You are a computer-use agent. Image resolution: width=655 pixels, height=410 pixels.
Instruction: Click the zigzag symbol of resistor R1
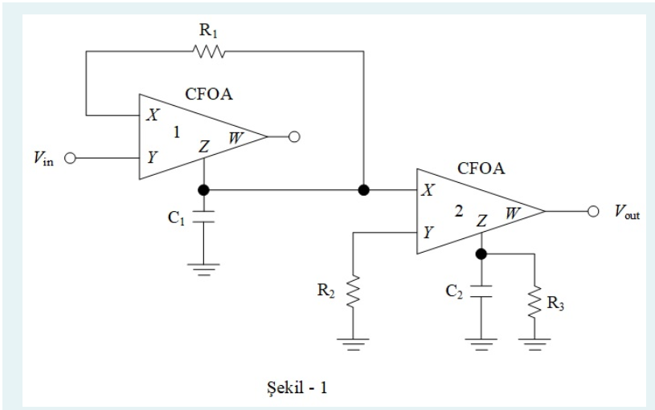click(208, 52)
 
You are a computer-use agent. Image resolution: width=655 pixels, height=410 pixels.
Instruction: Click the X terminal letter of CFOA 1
click(151, 116)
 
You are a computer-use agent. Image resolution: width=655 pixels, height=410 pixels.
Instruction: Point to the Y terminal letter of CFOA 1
click(151, 157)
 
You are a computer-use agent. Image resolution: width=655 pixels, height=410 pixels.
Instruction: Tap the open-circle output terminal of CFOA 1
click(294, 137)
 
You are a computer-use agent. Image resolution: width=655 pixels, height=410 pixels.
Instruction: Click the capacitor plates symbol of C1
click(204, 215)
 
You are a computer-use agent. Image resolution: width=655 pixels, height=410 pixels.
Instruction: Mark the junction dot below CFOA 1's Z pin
click(204, 190)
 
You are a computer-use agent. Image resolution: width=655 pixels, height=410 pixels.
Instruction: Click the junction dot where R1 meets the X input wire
click(364, 190)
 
